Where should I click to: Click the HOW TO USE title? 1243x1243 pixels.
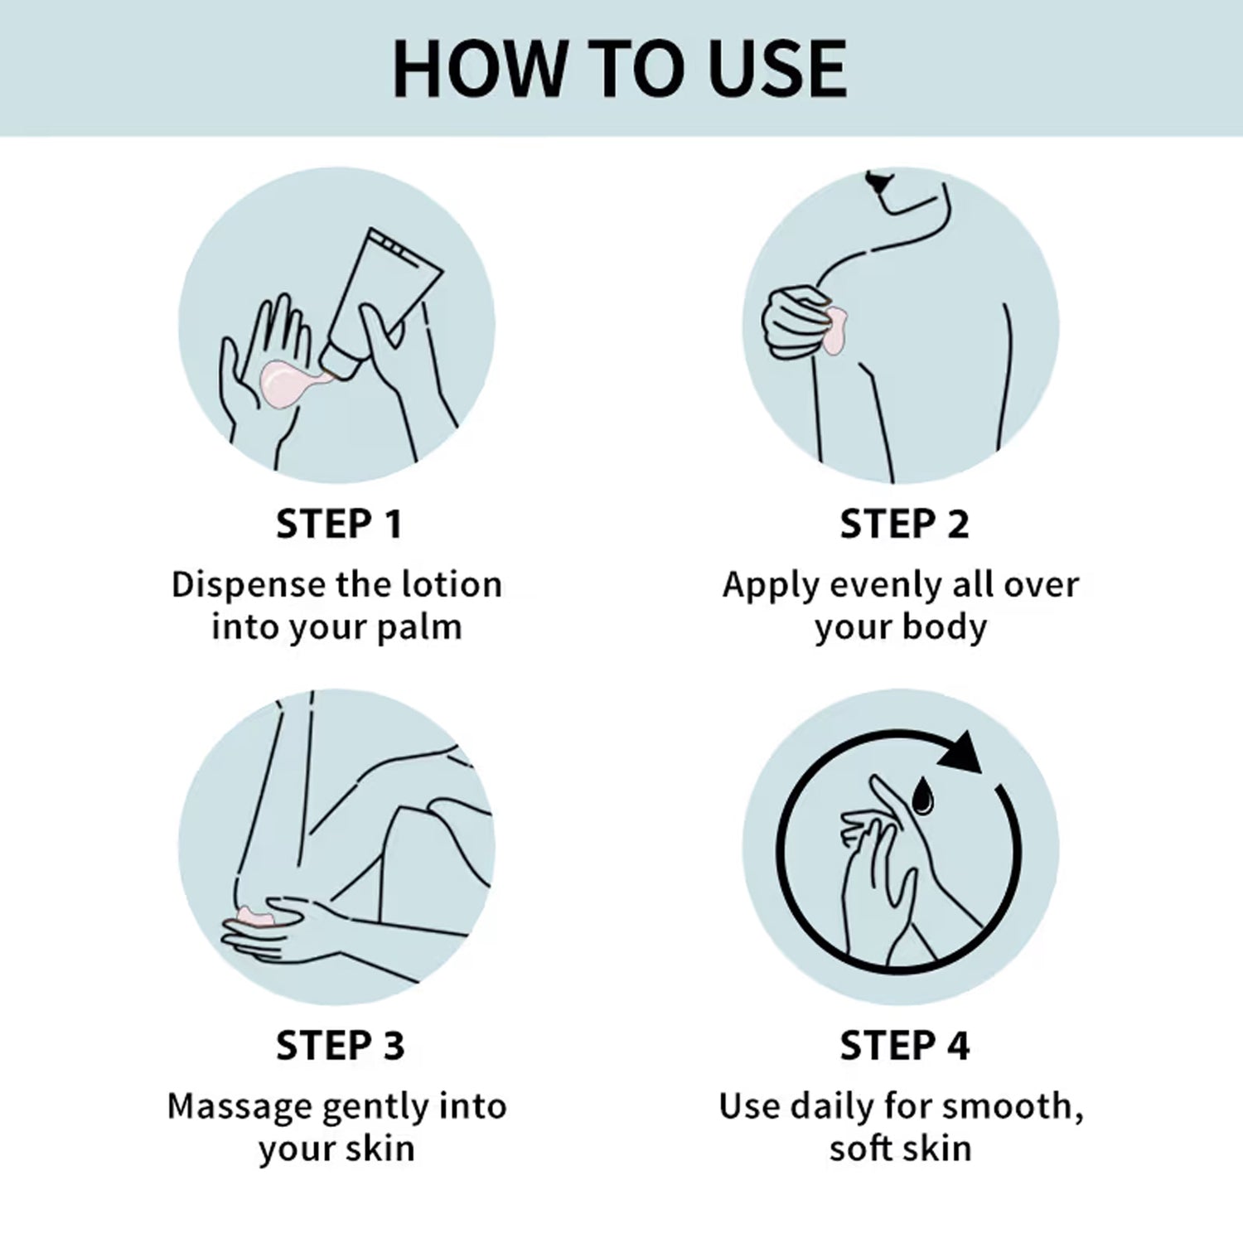(620, 68)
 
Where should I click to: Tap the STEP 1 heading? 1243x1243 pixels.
(339, 524)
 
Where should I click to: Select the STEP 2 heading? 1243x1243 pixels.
(904, 524)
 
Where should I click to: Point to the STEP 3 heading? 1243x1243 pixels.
(340, 1045)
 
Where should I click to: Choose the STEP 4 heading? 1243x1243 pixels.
(904, 1045)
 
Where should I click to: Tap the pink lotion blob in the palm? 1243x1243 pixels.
(289, 384)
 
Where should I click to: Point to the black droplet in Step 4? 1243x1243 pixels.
(921, 795)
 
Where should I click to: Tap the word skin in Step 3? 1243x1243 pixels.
(380, 1149)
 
